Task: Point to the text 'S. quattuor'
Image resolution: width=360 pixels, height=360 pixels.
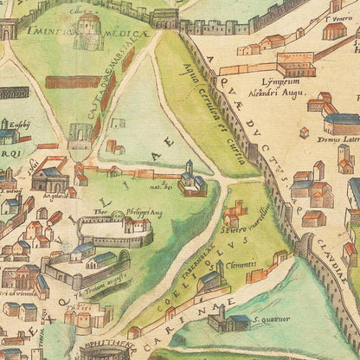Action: [267, 319]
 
